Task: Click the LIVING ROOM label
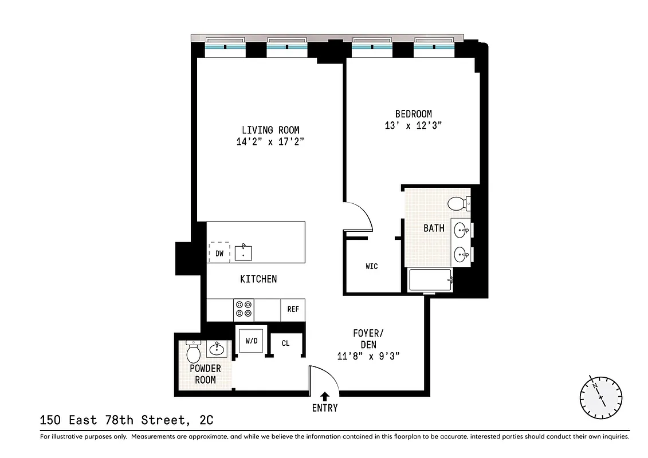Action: (270, 130)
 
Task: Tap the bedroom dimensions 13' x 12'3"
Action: (413, 126)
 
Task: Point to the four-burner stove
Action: (244, 309)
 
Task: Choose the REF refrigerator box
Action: (293, 309)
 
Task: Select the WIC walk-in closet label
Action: (372, 266)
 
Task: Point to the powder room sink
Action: (217, 348)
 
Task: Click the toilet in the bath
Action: (458, 203)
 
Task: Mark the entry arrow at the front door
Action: (325, 396)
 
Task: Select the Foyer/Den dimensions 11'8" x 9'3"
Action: (368, 356)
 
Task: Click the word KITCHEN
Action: (258, 279)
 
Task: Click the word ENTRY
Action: (325, 408)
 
